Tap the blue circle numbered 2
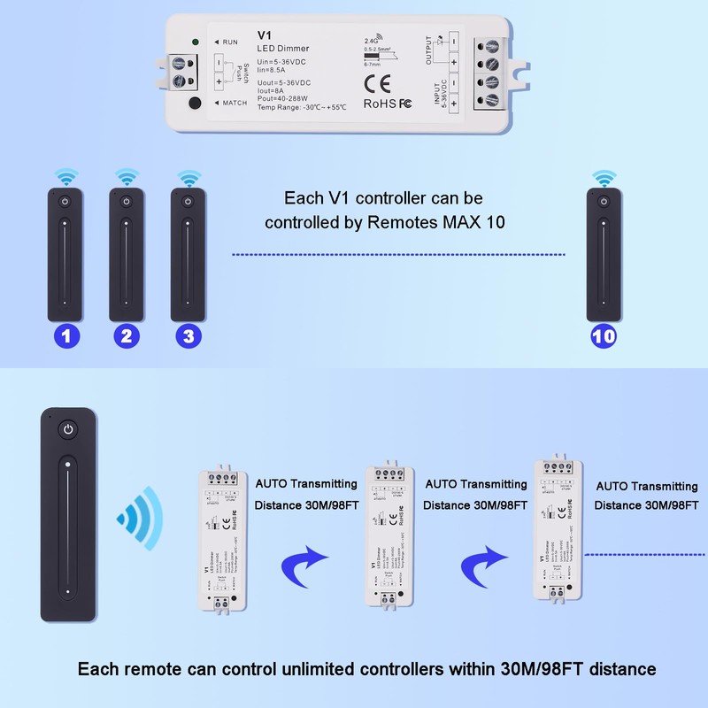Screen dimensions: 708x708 pyautogui.click(x=126, y=335)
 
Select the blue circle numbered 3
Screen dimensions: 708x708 pyautogui.click(x=187, y=335)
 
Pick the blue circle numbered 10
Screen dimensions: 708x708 pyautogui.click(x=604, y=335)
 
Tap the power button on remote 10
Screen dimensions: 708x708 pyautogui.click(x=604, y=202)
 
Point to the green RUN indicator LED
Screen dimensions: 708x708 pyautogui.click(x=195, y=42)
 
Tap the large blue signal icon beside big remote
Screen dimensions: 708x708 pyautogui.click(x=136, y=515)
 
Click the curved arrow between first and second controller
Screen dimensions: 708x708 pyautogui.click(x=304, y=561)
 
